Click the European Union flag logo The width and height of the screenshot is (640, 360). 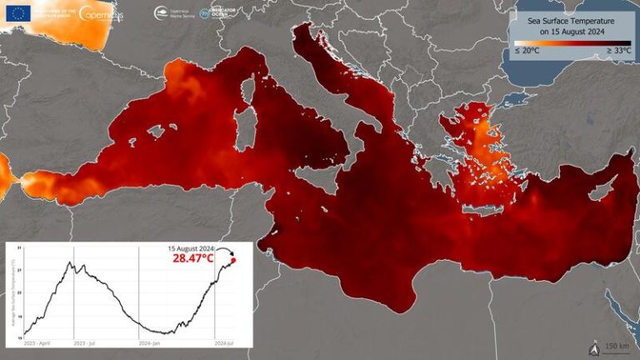click(19, 12)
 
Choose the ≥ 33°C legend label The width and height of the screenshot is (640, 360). click(617, 52)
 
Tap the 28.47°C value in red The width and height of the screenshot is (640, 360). click(194, 259)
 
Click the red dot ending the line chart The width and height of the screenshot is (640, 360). click(233, 261)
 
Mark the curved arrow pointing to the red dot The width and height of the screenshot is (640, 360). click(226, 249)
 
